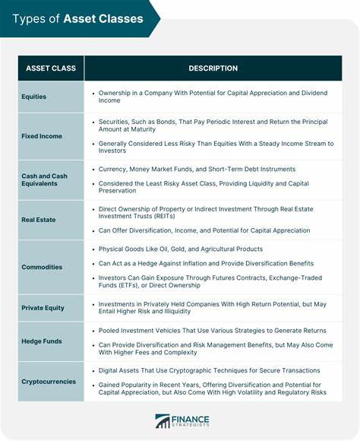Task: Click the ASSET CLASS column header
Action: pyautogui.click(x=50, y=68)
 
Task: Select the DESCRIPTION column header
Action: pyautogui.click(x=213, y=68)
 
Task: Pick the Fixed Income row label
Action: pyautogui.click(x=42, y=135)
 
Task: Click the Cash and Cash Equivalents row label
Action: pyautogui.click(x=44, y=180)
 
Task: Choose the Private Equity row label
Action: pyautogui.click(x=44, y=308)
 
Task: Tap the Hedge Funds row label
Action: pyautogui.click(x=43, y=341)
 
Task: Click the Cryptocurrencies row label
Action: pyautogui.click(x=49, y=381)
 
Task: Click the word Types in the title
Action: pyautogui.click(x=27, y=18)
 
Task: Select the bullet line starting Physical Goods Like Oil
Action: pyautogui.click(x=181, y=249)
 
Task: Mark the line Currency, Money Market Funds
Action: pyautogui.click(x=197, y=169)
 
